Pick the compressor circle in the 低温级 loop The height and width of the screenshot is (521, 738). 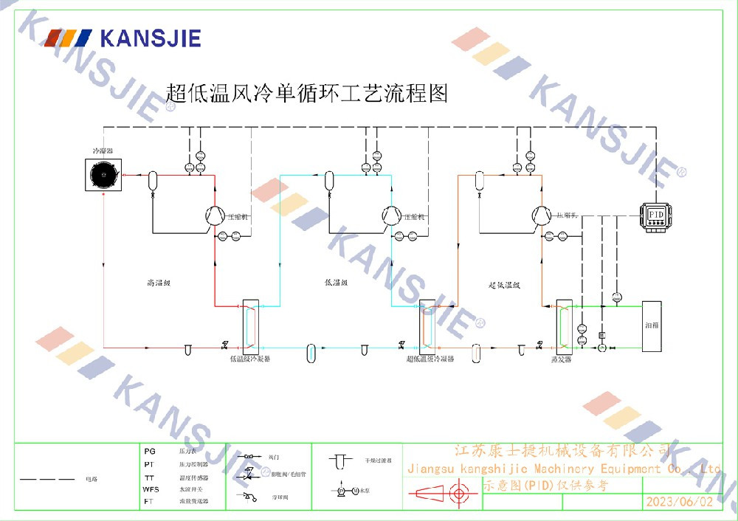391,215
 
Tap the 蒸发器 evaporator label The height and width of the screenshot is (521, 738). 562,359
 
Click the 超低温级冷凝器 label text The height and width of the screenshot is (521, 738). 430,359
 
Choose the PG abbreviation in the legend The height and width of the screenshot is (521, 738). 150,450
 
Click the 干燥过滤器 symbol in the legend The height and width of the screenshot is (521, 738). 341,461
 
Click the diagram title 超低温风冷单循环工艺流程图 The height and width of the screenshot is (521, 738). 307,94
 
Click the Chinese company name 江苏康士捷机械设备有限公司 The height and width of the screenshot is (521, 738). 562,451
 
